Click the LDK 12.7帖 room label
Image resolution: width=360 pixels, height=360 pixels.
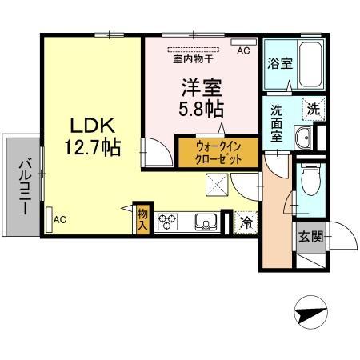tap(92, 137)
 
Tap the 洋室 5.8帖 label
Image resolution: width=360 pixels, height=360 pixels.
tap(201, 98)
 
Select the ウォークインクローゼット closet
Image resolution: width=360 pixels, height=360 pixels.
tap(218, 153)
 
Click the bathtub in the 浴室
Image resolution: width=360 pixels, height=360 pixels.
tap(310, 64)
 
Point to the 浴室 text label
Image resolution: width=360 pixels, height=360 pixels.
tap(280, 63)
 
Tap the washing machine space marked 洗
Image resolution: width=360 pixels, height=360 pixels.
tap(314, 109)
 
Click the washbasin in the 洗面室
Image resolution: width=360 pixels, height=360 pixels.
tap(303, 138)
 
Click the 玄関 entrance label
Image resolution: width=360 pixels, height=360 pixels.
tap(310, 237)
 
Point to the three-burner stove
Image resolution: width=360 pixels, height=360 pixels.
tap(168, 222)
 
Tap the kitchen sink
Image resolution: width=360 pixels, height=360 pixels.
tap(206, 222)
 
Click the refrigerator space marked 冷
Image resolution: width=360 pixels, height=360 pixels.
tap(246, 222)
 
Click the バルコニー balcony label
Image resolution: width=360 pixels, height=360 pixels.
tap(25, 186)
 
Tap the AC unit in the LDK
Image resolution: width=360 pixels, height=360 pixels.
tap(49, 220)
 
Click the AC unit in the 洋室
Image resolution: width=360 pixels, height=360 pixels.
tap(243, 42)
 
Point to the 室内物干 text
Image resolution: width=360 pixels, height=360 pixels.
tap(194, 58)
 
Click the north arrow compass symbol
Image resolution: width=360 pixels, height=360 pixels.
tap(310, 312)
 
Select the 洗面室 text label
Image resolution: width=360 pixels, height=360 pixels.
tap(277, 123)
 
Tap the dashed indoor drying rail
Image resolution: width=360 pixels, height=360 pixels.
tap(194, 50)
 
